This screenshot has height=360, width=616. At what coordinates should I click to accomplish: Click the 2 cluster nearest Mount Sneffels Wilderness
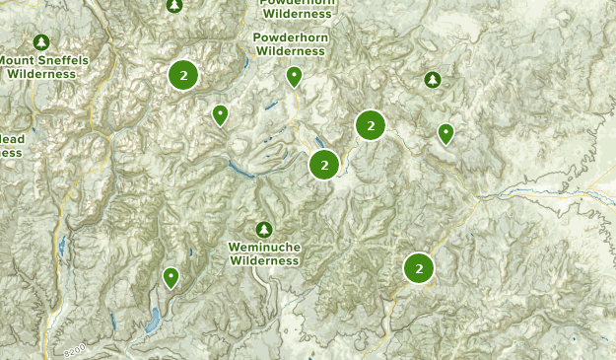coord(183,75)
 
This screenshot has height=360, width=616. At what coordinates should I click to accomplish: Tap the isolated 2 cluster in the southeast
coord(419,267)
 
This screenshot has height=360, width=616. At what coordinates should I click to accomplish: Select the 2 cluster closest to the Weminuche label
coord(324,165)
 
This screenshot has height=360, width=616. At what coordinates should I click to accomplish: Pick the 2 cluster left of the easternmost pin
coord(370,124)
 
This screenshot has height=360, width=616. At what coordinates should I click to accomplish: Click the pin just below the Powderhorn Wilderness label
coord(294,76)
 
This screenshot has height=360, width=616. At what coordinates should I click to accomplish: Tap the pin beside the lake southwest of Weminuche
coord(171,277)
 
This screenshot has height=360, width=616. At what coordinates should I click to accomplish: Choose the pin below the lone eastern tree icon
coord(445,132)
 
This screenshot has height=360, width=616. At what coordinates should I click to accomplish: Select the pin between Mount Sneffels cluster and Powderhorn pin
coord(221,115)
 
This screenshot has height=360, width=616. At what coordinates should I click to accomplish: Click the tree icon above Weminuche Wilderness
coord(263,229)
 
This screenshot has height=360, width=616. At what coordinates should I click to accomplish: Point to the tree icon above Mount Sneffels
coord(40,42)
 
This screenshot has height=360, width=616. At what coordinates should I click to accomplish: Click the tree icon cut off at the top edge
coord(174,5)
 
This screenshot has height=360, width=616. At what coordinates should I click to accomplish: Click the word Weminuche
coord(263,247)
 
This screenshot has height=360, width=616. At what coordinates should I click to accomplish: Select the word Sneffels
coord(62,60)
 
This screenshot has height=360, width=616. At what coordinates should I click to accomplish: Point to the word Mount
coord(18,60)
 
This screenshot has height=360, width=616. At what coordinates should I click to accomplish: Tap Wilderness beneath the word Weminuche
coord(263,260)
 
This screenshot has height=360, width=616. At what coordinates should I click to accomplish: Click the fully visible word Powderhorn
coord(289,36)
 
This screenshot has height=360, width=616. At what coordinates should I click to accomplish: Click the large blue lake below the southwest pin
coord(152,320)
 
